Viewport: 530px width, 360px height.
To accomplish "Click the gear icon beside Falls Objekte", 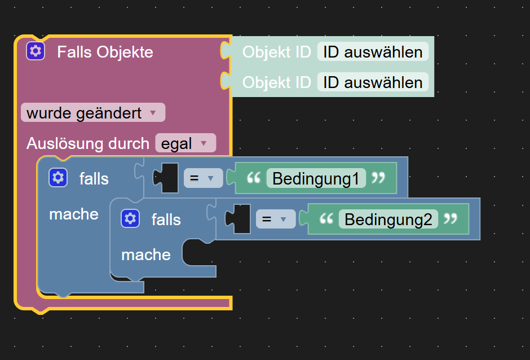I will (36, 51).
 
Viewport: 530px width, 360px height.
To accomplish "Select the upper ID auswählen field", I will (373, 52).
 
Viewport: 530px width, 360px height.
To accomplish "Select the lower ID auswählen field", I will (373, 82).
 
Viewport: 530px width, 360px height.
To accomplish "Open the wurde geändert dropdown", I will (93, 113).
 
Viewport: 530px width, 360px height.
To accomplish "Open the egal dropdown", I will (185, 143).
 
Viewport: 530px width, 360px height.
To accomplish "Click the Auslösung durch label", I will (88, 143).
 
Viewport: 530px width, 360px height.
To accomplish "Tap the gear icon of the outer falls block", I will (58, 178).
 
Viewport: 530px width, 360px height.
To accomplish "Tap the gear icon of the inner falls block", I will (130, 218).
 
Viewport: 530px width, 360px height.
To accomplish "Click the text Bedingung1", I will (316, 178).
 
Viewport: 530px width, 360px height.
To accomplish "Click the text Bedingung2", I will (388, 219).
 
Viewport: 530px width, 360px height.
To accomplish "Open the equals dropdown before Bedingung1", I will (202, 178).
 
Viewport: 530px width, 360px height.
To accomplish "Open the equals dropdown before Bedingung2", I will (274, 219).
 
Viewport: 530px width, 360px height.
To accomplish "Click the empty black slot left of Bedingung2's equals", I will (241, 219).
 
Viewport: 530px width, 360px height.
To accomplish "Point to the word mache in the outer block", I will (74, 214).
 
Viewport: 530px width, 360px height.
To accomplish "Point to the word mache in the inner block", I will (146, 255).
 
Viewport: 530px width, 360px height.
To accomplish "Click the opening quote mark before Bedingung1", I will (254, 178).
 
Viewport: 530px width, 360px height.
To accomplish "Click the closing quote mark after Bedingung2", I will (450, 219).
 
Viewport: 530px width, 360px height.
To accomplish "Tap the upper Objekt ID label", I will (276, 52).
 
